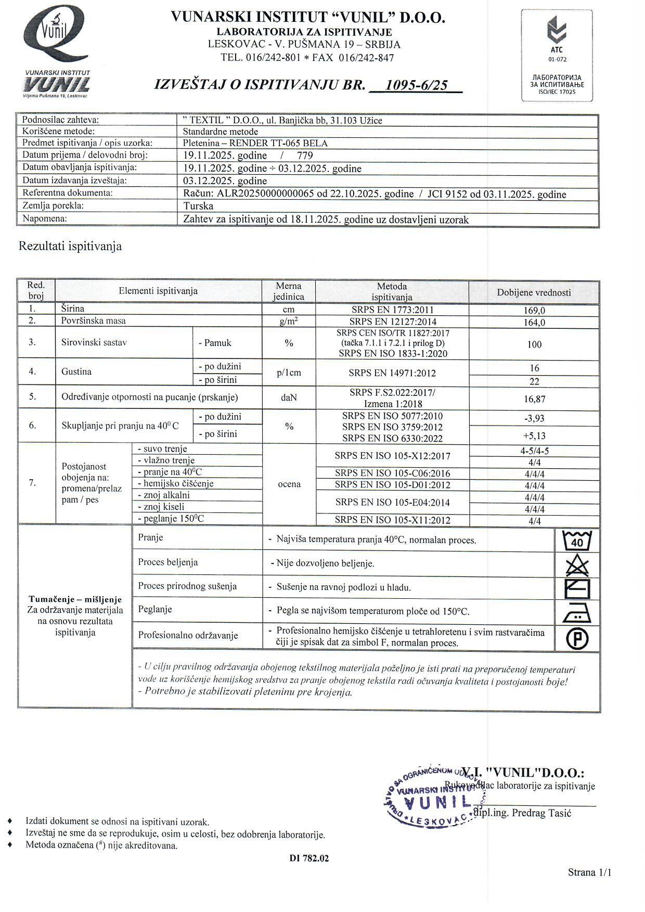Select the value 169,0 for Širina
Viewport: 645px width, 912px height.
(534, 311)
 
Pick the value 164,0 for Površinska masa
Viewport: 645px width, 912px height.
(534, 323)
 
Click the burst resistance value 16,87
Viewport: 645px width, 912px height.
(534, 399)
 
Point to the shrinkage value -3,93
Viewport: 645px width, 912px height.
(534, 418)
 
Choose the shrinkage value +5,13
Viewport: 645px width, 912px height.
(534, 435)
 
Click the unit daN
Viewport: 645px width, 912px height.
(289, 397)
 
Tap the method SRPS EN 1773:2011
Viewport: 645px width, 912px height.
(392, 310)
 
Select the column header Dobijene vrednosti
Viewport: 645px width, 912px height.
(534, 292)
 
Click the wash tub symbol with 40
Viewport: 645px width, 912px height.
(577, 541)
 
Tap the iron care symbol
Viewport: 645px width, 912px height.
(577, 613)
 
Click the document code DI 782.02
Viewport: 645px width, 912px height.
(309, 858)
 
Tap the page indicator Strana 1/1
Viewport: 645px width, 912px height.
(589, 872)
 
